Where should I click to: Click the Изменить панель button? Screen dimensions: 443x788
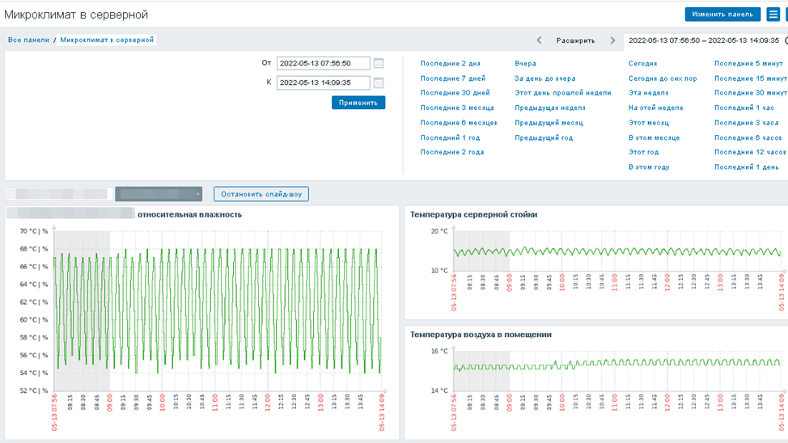[x=722, y=15]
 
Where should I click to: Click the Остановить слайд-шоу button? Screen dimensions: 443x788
[x=261, y=194]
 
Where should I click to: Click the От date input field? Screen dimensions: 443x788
[x=323, y=63]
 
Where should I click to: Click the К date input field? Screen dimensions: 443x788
[x=323, y=82]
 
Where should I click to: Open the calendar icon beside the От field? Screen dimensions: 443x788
[x=379, y=63]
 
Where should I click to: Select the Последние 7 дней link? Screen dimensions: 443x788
[x=452, y=78]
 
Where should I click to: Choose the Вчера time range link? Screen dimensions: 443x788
[x=525, y=63]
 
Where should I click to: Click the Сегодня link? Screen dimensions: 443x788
[x=642, y=63]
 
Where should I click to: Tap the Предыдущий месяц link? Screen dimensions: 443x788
[x=549, y=123]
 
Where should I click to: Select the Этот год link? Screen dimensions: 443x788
[x=643, y=152]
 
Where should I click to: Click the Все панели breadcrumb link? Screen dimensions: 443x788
[x=28, y=40]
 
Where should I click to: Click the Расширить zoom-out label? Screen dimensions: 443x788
[x=575, y=40]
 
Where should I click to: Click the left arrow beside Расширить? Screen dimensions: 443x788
[x=540, y=40]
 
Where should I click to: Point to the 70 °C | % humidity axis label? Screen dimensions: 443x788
[x=33, y=231]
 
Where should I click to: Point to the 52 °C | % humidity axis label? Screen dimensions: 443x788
[x=33, y=390]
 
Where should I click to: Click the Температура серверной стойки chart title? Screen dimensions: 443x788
[x=473, y=214]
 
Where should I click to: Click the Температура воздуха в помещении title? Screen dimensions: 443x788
[x=481, y=334]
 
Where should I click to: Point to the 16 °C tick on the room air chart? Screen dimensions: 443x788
[x=438, y=352]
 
